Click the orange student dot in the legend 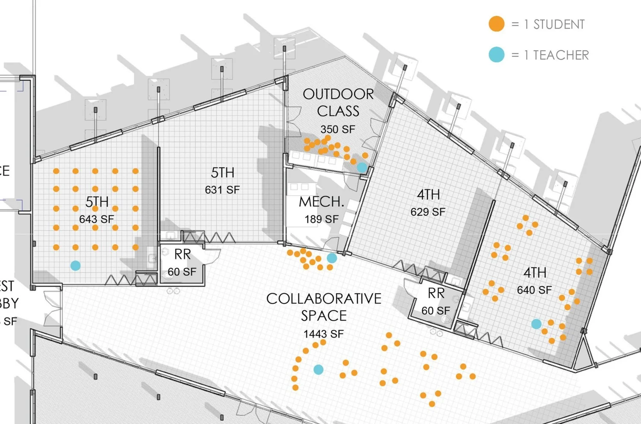(496, 24)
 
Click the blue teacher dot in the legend (496, 55)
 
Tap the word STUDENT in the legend (559, 24)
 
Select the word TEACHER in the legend (561, 55)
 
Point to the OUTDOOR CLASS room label (338, 102)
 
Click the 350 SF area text (338, 129)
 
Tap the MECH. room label (321, 202)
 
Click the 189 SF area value (321, 219)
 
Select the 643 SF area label (97, 219)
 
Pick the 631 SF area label (222, 190)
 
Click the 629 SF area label (428, 212)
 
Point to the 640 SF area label (534, 290)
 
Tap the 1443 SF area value (323, 334)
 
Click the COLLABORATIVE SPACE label (323, 307)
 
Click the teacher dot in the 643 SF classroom (76, 266)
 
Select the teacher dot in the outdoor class (362, 167)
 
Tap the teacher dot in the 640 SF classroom (536, 324)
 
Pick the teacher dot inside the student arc (318, 369)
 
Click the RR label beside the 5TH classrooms (182, 254)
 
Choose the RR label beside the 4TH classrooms (436, 293)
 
